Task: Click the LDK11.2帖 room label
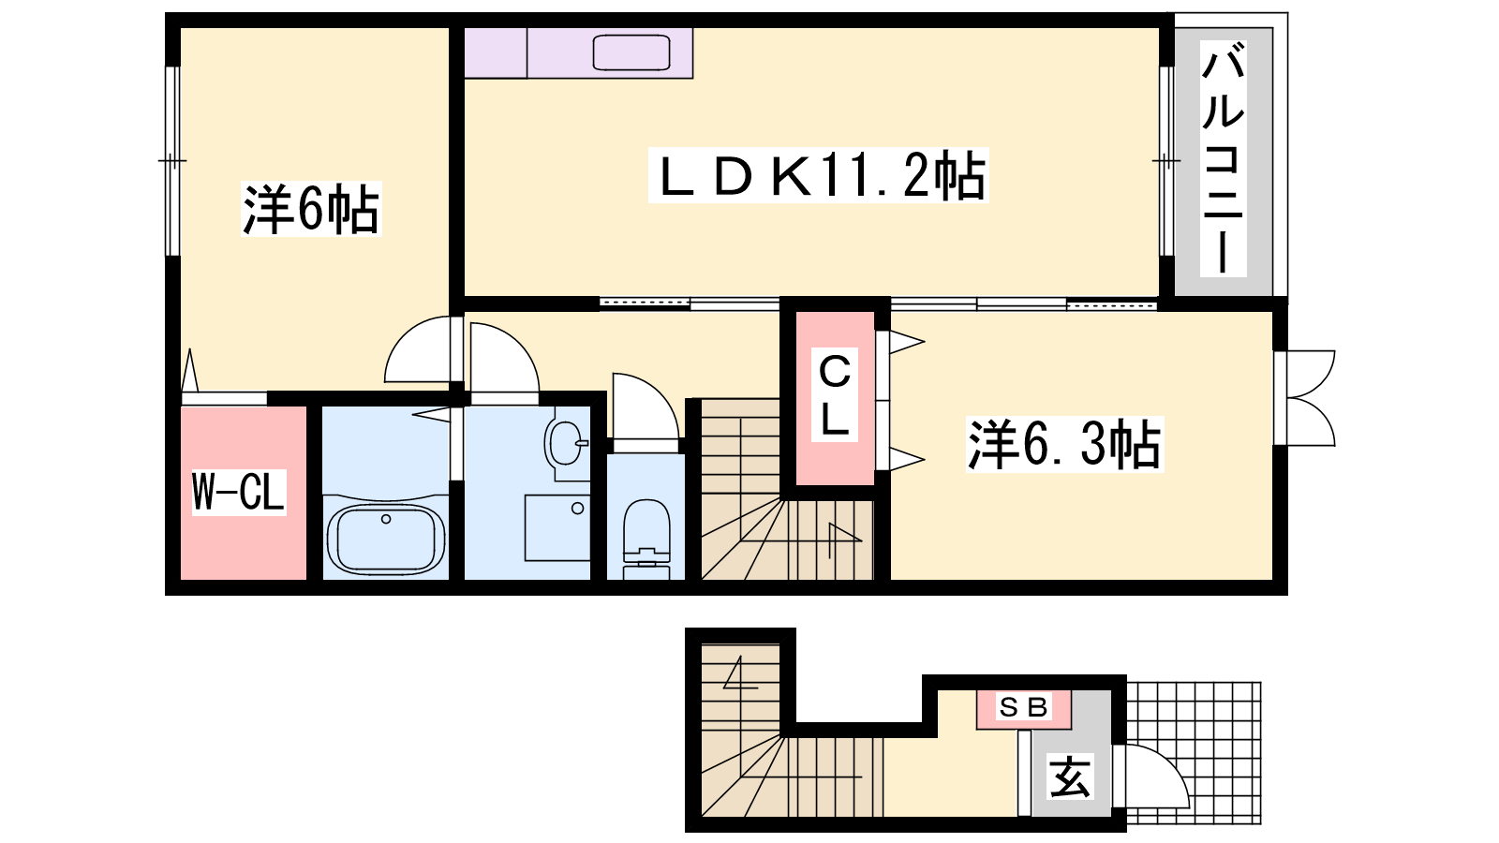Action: click(x=819, y=176)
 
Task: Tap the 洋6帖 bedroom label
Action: click(x=311, y=209)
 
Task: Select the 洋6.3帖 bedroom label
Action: click(x=1064, y=444)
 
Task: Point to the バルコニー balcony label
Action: click(x=1223, y=158)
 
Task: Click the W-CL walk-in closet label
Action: click(x=239, y=492)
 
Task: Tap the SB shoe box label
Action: click(x=1023, y=706)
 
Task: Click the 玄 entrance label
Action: click(x=1070, y=776)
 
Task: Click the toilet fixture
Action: click(x=646, y=538)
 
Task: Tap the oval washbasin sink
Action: click(x=566, y=443)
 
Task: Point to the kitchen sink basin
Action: click(x=631, y=52)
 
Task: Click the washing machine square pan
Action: click(x=557, y=528)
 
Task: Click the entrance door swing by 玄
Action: click(x=1151, y=776)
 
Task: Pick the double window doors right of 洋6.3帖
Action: click(x=1305, y=398)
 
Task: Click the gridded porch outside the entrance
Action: click(x=1194, y=752)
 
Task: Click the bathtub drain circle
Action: click(x=385, y=519)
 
